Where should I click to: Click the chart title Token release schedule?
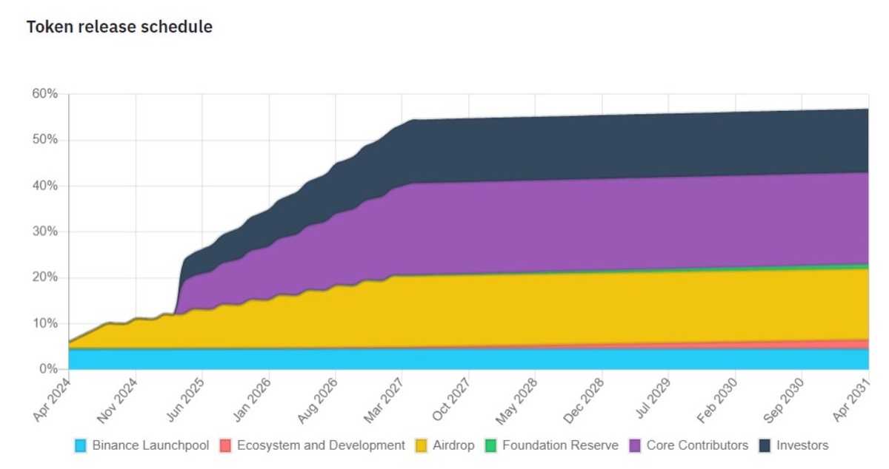coord(119,27)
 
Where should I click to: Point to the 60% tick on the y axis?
coord(44,94)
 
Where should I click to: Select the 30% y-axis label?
coord(44,232)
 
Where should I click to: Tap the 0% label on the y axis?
coord(47,369)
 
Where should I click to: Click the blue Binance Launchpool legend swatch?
coord(81,446)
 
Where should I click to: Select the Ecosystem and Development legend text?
coord(321,445)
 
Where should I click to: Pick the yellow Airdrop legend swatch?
coord(421,446)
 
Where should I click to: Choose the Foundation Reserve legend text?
coord(559,445)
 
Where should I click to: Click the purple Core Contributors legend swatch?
coord(635,446)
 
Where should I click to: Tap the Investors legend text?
coord(802,445)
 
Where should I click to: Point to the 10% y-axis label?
coord(44,323)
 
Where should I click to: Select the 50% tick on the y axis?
coord(44,140)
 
